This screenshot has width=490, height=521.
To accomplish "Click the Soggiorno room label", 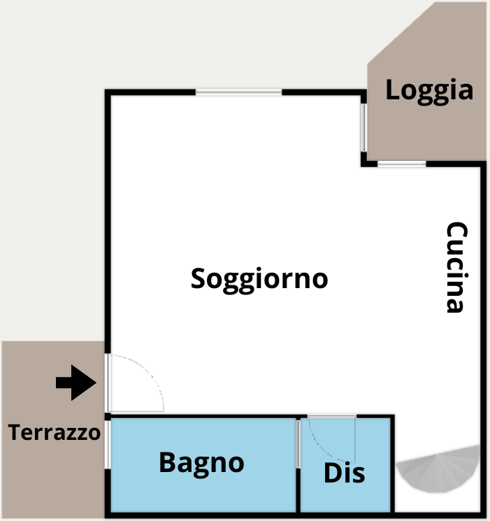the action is click(x=259, y=280).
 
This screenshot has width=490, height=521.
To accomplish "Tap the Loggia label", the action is click(x=429, y=91).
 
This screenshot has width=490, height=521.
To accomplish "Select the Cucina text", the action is click(x=456, y=267).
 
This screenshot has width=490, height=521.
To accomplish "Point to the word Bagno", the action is click(x=201, y=464).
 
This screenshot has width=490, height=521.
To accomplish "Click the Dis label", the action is click(x=344, y=473).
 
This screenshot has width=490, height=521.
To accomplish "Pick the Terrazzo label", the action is click(x=54, y=432).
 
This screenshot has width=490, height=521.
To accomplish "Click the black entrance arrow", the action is click(x=76, y=383).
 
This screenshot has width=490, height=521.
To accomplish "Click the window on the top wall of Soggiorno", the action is click(x=238, y=92).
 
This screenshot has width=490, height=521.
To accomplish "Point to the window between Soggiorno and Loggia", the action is click(x=364, y=127).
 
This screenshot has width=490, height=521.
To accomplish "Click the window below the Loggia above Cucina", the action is click(x=402, y=164).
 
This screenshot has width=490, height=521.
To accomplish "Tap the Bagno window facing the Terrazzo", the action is click(x=108, y=445).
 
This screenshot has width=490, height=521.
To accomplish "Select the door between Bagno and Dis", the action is click(x=298, y=444).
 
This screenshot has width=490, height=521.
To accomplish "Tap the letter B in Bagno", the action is click(x=167, y=462).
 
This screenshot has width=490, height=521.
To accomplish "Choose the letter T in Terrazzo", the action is click(x=15, y=432).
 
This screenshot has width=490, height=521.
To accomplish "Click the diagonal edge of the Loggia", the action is click(x=401, y=33).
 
